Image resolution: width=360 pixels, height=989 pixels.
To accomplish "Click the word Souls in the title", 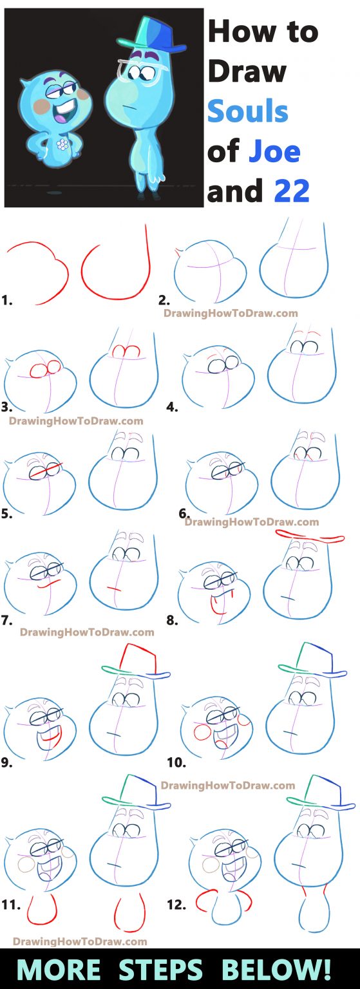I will click(x=247, y=111).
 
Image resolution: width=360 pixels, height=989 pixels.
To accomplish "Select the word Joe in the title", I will click(x=274, y=151).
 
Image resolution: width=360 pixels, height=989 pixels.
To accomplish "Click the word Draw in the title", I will click(x=247, y=71).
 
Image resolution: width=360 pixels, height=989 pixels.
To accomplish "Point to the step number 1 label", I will click(x=7, y=299).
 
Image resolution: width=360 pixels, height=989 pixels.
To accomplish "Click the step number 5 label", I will click(x=7, y=514).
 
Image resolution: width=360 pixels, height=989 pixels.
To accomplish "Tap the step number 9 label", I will click(x=7, y=762).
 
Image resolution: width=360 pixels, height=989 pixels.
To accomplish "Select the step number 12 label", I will click(x=175, y=905).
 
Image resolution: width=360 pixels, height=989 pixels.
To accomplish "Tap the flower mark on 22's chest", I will click(x=64, y=144).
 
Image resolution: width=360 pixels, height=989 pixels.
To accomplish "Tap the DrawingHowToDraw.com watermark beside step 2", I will click(x=231, y=314).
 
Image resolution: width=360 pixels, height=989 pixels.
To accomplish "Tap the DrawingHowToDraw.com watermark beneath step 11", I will click(x=80, y=941).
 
